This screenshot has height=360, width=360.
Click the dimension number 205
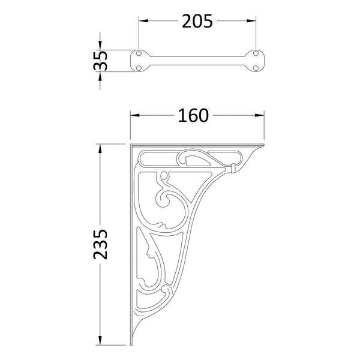[x=197, y=21]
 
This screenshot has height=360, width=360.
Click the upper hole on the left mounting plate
[x=139, y=55]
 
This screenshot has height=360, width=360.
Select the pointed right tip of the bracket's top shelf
[x=263, y=145]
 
